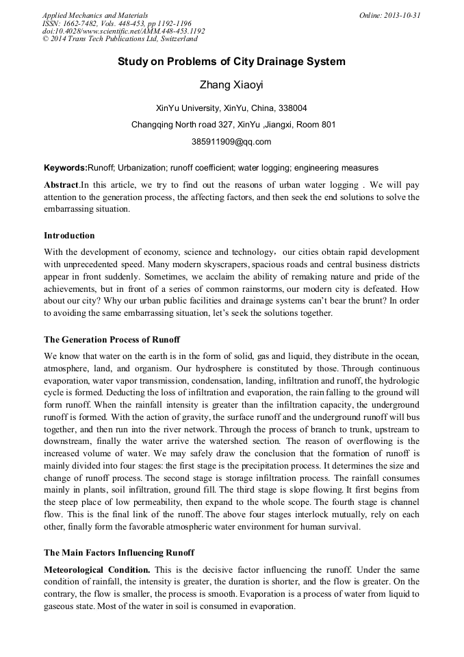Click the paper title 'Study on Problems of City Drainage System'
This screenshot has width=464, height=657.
[x=231, y=62]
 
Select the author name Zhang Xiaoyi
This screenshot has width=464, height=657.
[x=231, y=86]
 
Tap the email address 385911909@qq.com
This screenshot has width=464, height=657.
[x=231, y=142]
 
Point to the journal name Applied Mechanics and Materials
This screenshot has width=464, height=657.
[x=95, y=15]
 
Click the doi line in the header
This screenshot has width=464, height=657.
[x=123, y=31]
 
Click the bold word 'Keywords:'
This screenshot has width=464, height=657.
[x=66, y=167]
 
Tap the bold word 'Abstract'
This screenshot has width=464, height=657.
[x=61, y=185]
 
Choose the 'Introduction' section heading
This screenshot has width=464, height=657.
[x=69, y=236]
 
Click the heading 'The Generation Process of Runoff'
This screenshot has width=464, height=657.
[x=112, y=338]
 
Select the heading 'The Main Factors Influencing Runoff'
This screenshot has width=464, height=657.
[x=119, y=552]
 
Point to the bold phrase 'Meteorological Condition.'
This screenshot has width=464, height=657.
[x=97, y=570]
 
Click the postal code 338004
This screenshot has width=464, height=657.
[x=292, y=108]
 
